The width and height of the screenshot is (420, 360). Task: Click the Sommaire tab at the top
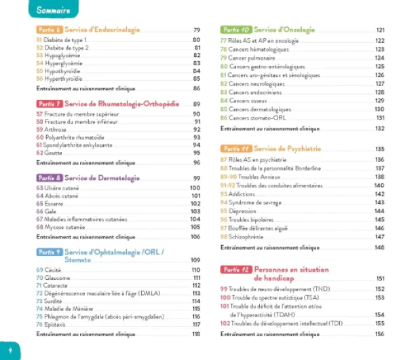[54, 10]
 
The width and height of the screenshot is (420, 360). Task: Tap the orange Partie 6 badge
[49, 31]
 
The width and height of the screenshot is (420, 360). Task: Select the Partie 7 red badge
[49, 104]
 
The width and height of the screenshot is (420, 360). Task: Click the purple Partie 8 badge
[49, 178]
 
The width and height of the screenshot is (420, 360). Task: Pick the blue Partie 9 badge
[49, 252]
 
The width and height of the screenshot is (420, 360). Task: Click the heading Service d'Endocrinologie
[102, 31]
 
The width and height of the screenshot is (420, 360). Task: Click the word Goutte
[55, 153]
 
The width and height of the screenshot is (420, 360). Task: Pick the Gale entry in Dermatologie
[51, 211]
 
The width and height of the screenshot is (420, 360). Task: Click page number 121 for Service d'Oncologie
[380, 31]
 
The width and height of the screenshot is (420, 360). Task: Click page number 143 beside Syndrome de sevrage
[380, 202]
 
